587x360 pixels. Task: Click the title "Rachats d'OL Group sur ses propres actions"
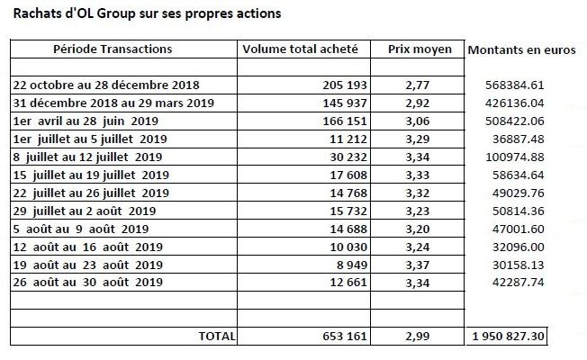147,13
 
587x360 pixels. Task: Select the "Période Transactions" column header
113,49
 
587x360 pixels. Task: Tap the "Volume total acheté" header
300,49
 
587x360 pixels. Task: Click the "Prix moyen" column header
420,49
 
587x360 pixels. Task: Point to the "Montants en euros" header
521,49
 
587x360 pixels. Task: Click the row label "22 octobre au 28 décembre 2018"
106,85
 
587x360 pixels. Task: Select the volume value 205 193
345,85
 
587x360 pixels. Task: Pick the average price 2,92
418,103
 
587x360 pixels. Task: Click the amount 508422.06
515,121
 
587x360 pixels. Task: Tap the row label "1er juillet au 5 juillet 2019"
90,139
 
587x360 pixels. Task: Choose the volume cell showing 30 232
348,157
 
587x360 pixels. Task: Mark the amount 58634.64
518,175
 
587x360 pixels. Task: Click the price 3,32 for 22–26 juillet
418,193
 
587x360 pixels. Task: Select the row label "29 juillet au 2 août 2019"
85,211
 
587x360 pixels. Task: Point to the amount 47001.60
518,229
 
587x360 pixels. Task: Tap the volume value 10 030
348,247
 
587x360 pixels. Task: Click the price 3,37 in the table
418,265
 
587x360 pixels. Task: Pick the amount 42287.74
518,282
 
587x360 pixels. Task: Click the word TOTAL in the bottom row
217,336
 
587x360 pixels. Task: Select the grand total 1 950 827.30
508,336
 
